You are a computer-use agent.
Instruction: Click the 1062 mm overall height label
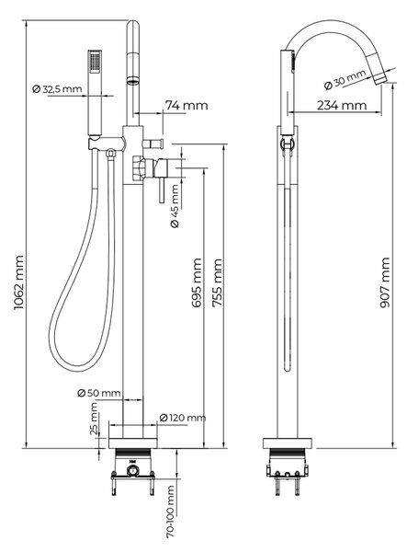18,282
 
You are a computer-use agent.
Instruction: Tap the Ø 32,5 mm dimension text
57,89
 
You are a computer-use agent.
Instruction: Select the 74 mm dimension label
187,105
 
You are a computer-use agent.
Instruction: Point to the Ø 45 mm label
175,206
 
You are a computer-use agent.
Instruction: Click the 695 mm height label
198,282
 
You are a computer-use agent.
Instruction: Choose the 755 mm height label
218,282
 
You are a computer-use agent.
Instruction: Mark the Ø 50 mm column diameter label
98,393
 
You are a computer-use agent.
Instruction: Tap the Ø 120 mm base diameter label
183,418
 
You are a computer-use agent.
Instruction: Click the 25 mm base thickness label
94,419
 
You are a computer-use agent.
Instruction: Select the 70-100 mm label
171,512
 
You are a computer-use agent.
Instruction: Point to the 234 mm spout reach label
342,105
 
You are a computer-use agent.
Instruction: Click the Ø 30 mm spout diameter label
345,79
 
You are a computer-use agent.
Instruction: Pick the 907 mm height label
385,282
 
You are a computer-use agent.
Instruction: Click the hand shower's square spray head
95,62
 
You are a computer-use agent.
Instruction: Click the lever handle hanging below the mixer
162,190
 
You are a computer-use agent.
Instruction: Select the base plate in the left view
133,443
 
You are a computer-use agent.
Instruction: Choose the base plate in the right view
288,443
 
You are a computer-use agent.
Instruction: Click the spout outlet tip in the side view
380,79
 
